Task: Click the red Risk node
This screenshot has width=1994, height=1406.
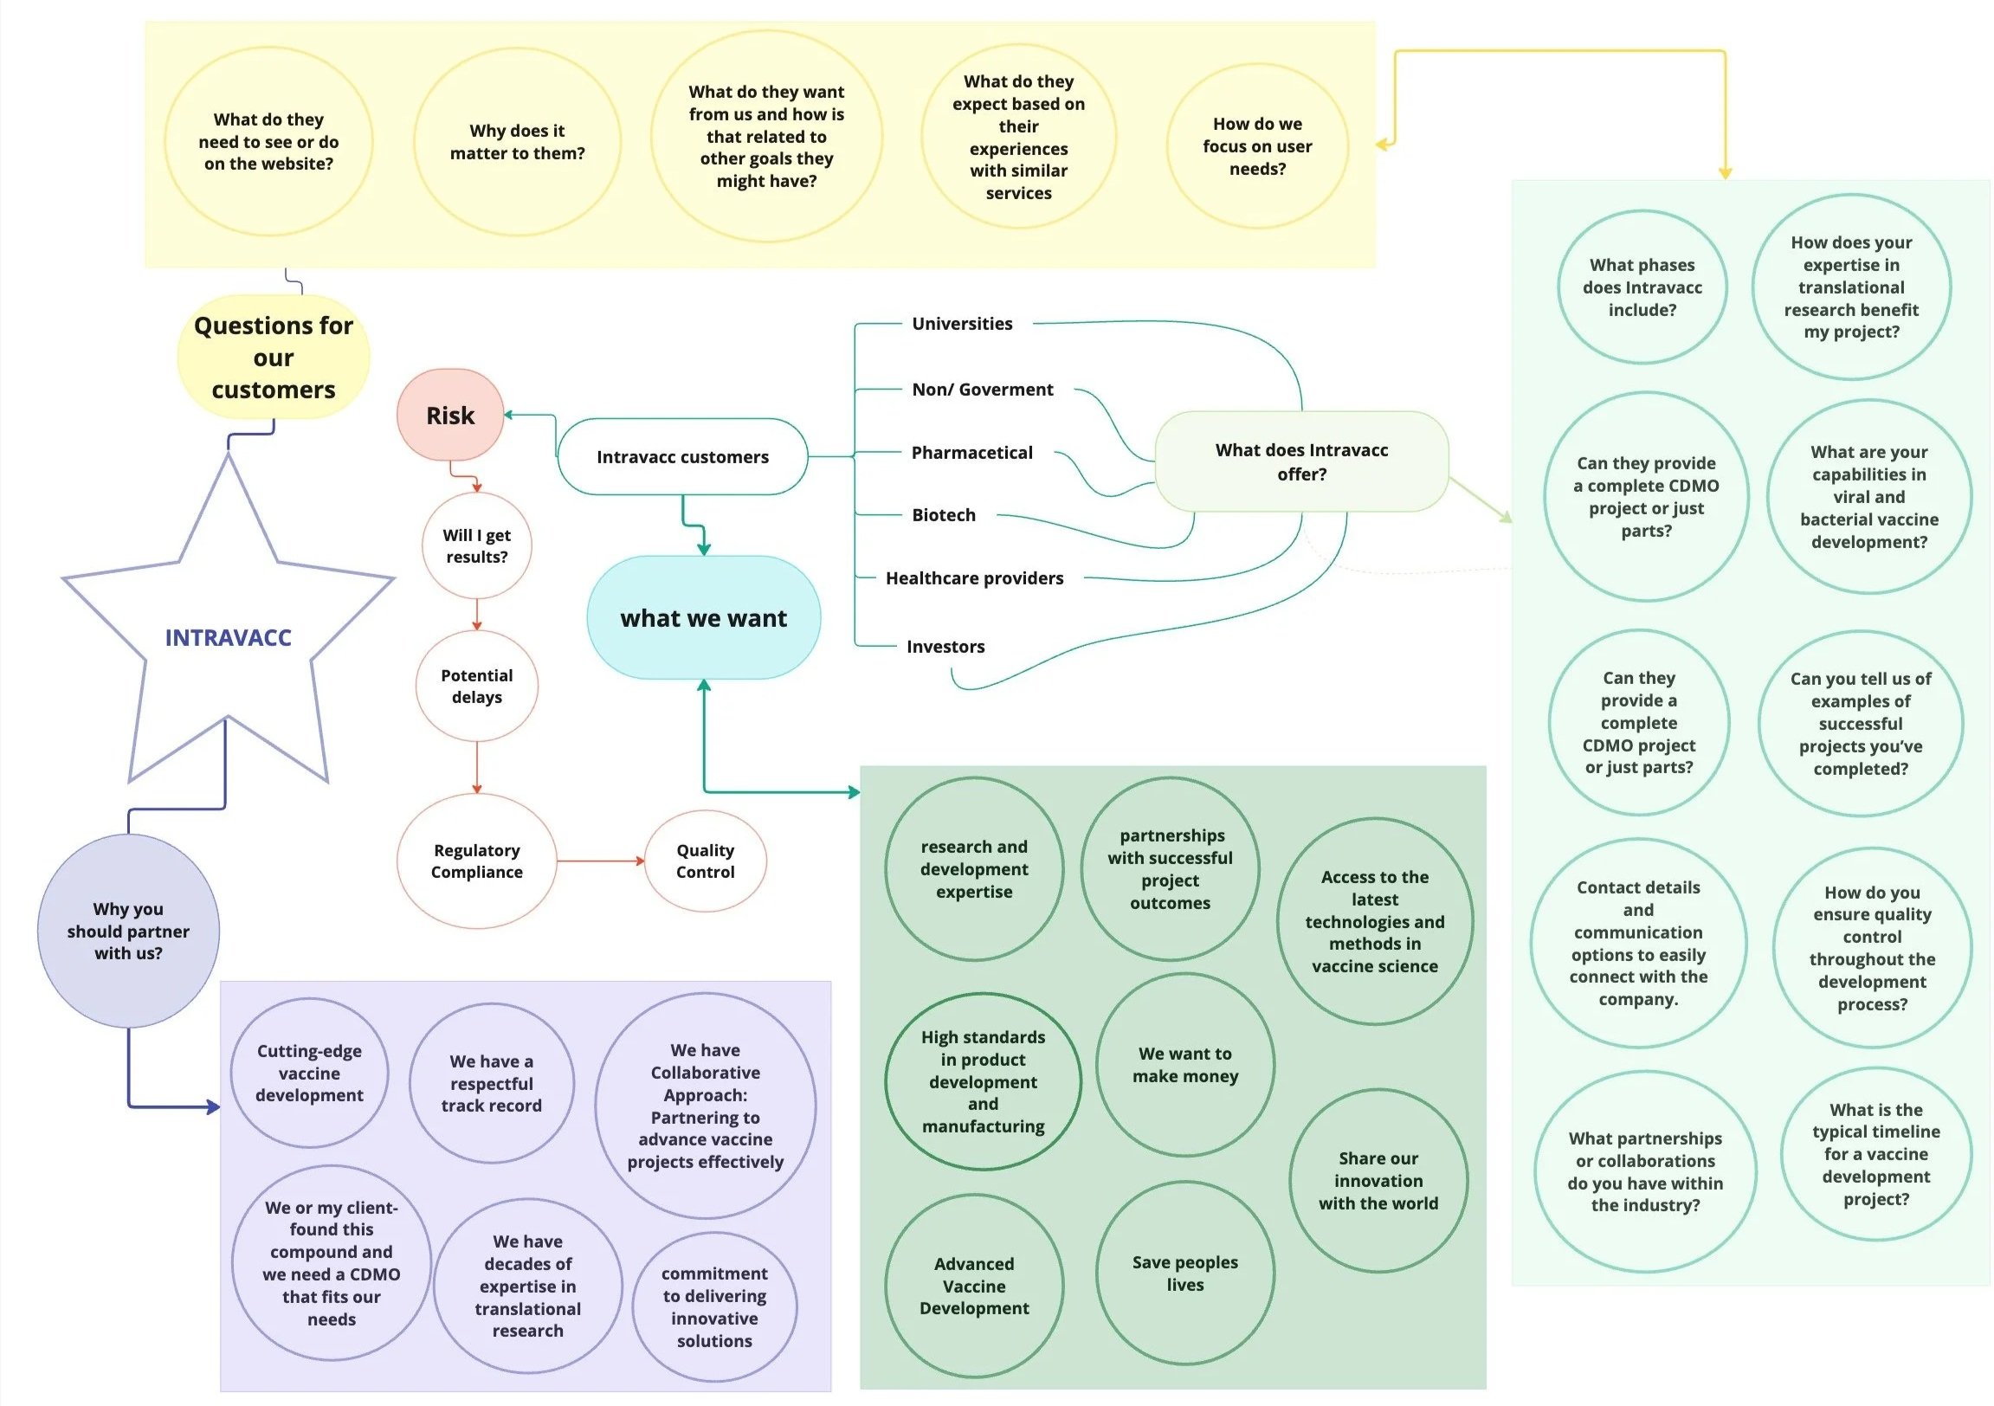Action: pyautogui.click(x=450, y=415)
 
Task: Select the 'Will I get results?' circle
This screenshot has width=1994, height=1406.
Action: pyautogui.click(x=476, y=545)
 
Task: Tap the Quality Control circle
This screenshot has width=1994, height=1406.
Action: pyautogui.click(x=704, y=861)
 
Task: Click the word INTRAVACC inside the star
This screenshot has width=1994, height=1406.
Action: pyautogui.click(x=228, y=637)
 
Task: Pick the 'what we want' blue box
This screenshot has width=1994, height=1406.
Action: pyautogui.click(x=703, y=617)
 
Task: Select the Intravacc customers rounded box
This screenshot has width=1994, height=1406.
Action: pyautogui.click(x=681, y=457)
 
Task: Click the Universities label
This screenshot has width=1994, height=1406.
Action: pyautogui.click(x=961, y=324)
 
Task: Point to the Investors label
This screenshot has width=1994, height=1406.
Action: pyautogui.click(x=945, y=646)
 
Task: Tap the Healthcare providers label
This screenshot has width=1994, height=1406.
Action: pyautogui.click(x=973, y=578)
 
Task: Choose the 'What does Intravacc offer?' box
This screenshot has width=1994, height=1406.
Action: pyautogui.click(x=1301, y=461)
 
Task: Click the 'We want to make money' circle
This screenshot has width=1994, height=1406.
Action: pyautogui.click(x=1184, y=1064)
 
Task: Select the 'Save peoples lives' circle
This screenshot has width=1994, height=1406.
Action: pyautogui.click(x=1184, y=1274)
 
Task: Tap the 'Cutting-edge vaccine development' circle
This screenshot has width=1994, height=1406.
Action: pyautogui.click(x=309, y=1073)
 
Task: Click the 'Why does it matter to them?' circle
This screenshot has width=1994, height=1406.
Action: pyautogui.click(x=517, y=142)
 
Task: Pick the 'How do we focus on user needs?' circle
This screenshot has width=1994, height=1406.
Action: pyautogui.click(x=1256, y=146)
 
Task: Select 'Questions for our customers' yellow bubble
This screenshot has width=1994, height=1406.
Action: pyautogui.click(x=273, y=357)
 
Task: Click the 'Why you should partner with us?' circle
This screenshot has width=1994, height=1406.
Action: pyautogui.click(x=128, y=930)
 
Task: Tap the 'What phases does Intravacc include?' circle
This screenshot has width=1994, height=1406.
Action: pyautogui.click(x=1642, y=287)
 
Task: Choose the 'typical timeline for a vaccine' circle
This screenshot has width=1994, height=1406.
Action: pyautogui.click(x=1875, y=1153)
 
